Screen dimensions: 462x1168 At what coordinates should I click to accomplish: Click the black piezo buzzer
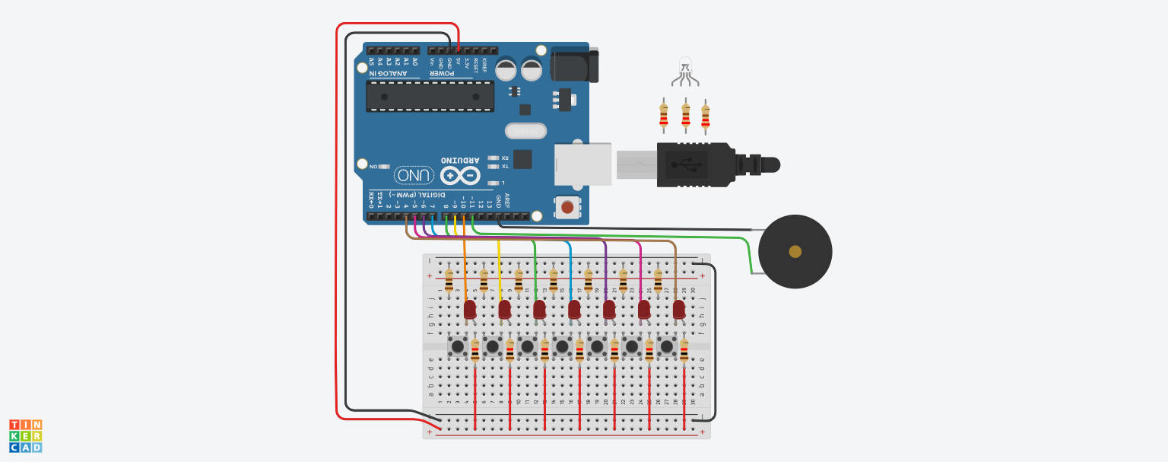point(795,252)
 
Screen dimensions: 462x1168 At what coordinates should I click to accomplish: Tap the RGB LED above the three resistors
point(685,66)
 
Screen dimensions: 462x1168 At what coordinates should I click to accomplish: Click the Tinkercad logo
point(25,436)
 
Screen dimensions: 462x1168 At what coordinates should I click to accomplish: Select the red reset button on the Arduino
point(567,206)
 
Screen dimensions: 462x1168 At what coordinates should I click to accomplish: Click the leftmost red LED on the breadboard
point(470,308)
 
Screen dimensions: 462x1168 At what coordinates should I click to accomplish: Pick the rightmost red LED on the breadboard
point(679,308)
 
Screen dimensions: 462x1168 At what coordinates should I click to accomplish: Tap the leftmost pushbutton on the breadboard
point(458,347)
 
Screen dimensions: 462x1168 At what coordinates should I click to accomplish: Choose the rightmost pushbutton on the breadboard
point(667,347)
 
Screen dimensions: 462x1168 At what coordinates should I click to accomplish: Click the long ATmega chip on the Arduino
point(430,97)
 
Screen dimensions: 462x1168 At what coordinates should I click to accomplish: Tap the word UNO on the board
point(414,176)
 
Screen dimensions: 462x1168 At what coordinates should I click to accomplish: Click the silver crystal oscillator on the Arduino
point(525,132)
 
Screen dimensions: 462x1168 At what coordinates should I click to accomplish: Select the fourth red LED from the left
point(574,308)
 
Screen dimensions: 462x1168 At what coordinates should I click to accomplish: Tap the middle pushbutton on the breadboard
point(563,347)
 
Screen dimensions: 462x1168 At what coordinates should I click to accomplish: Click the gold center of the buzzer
point(795,252)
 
